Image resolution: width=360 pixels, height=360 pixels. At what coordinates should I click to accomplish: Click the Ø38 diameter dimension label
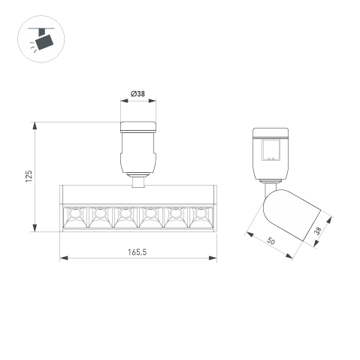click(x=138, y=94)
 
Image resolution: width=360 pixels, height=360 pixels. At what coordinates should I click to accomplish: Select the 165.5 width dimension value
click(x=137, y=251)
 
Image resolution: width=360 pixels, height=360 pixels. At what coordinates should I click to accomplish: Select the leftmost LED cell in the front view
click(x=74, y=218)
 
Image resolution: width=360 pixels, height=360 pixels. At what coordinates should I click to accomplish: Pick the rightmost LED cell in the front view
click(x=199, y=218)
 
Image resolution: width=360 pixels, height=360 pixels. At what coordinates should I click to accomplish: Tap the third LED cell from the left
click(x=124, y=218)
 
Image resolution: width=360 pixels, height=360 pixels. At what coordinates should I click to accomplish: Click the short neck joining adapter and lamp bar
click(x=138, y=180)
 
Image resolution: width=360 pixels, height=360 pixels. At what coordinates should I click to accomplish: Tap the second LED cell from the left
click(x=99, y=218)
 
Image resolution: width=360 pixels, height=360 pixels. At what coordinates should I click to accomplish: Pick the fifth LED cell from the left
click(x=174, y=218)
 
